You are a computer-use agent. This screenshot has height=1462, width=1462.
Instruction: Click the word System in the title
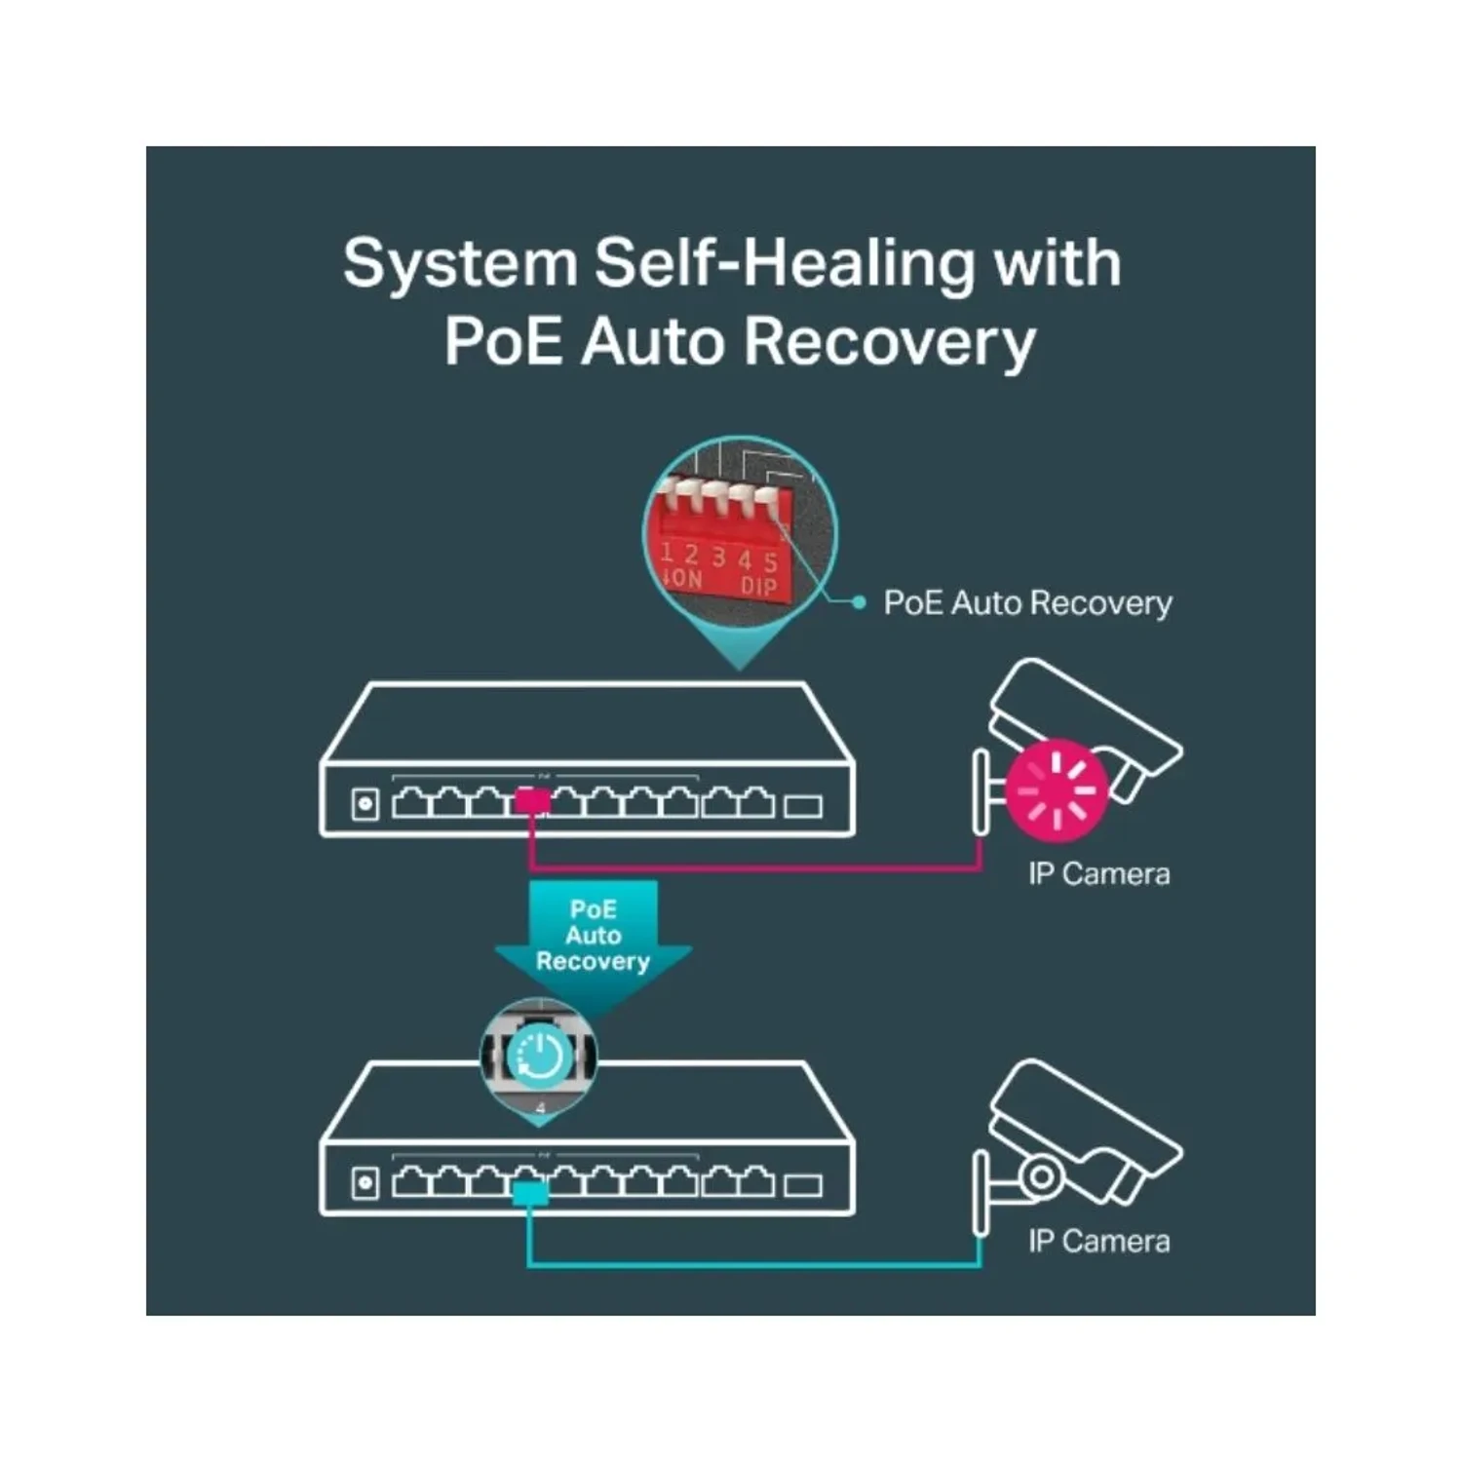tap(460, 265)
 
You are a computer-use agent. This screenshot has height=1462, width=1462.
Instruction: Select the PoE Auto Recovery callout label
tap(1027, 603)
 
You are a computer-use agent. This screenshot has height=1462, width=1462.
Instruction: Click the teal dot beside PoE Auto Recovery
tap(859, 603)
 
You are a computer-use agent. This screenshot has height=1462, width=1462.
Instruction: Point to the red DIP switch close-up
tap(740, 532)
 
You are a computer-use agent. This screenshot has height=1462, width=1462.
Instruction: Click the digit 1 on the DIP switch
tap(667, 553)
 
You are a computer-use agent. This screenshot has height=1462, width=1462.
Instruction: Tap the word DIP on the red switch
tap(758, 585)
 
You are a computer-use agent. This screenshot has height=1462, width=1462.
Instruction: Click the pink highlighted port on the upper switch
tap(532, 801)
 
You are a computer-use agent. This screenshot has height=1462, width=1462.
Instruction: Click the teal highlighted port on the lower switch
tap(530, 1194)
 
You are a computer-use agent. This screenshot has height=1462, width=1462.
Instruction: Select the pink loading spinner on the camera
tap(1058, 790)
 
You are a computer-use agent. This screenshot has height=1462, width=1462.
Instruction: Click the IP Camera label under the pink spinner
tap(1098, 873)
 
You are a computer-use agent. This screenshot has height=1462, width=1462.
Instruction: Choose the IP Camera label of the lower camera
tap(1098, 1241)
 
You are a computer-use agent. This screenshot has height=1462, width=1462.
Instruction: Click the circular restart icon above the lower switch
tap(540, 1056)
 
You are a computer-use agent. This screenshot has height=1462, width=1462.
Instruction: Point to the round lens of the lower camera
tap(1041, 1174)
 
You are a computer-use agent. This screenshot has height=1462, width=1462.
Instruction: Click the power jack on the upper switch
tap(365, 804)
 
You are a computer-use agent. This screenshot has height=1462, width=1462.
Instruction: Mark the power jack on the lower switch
tap(365, 1183)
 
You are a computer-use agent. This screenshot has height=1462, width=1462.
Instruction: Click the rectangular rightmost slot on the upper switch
tap(803, 806)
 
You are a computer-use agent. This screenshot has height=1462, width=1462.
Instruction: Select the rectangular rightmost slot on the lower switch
tap(803, 1185)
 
